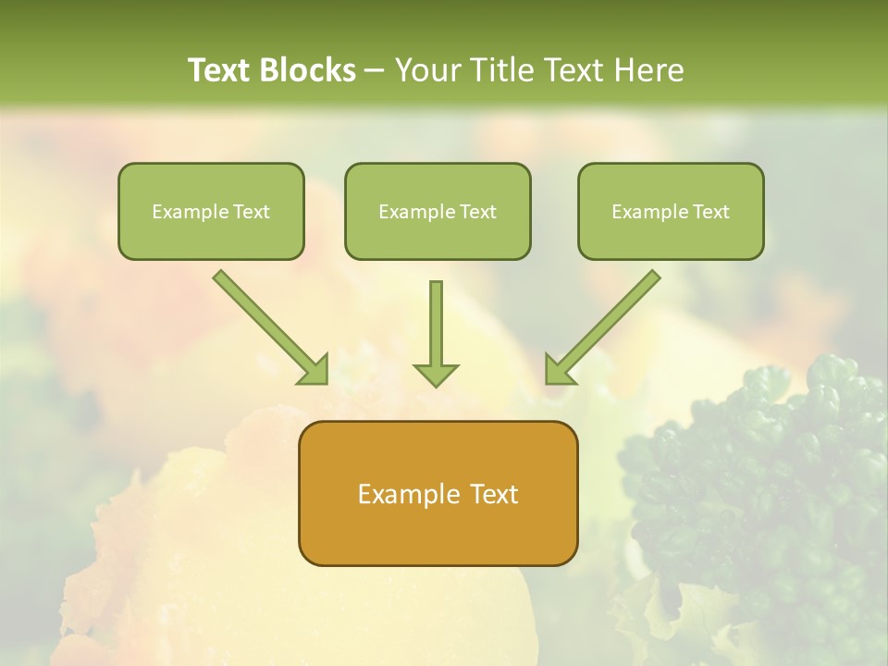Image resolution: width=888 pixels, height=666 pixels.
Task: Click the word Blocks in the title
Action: click(308, 70)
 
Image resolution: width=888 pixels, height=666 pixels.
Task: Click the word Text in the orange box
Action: click(495, 494)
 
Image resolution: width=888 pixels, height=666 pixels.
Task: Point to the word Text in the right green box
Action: click(711, 212)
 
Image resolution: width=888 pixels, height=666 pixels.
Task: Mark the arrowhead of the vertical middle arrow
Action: click(436, 375)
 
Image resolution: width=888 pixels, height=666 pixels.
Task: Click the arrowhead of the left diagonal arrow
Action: click(315, 370)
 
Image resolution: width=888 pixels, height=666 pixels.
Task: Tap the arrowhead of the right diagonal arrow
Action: click(558, 370)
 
